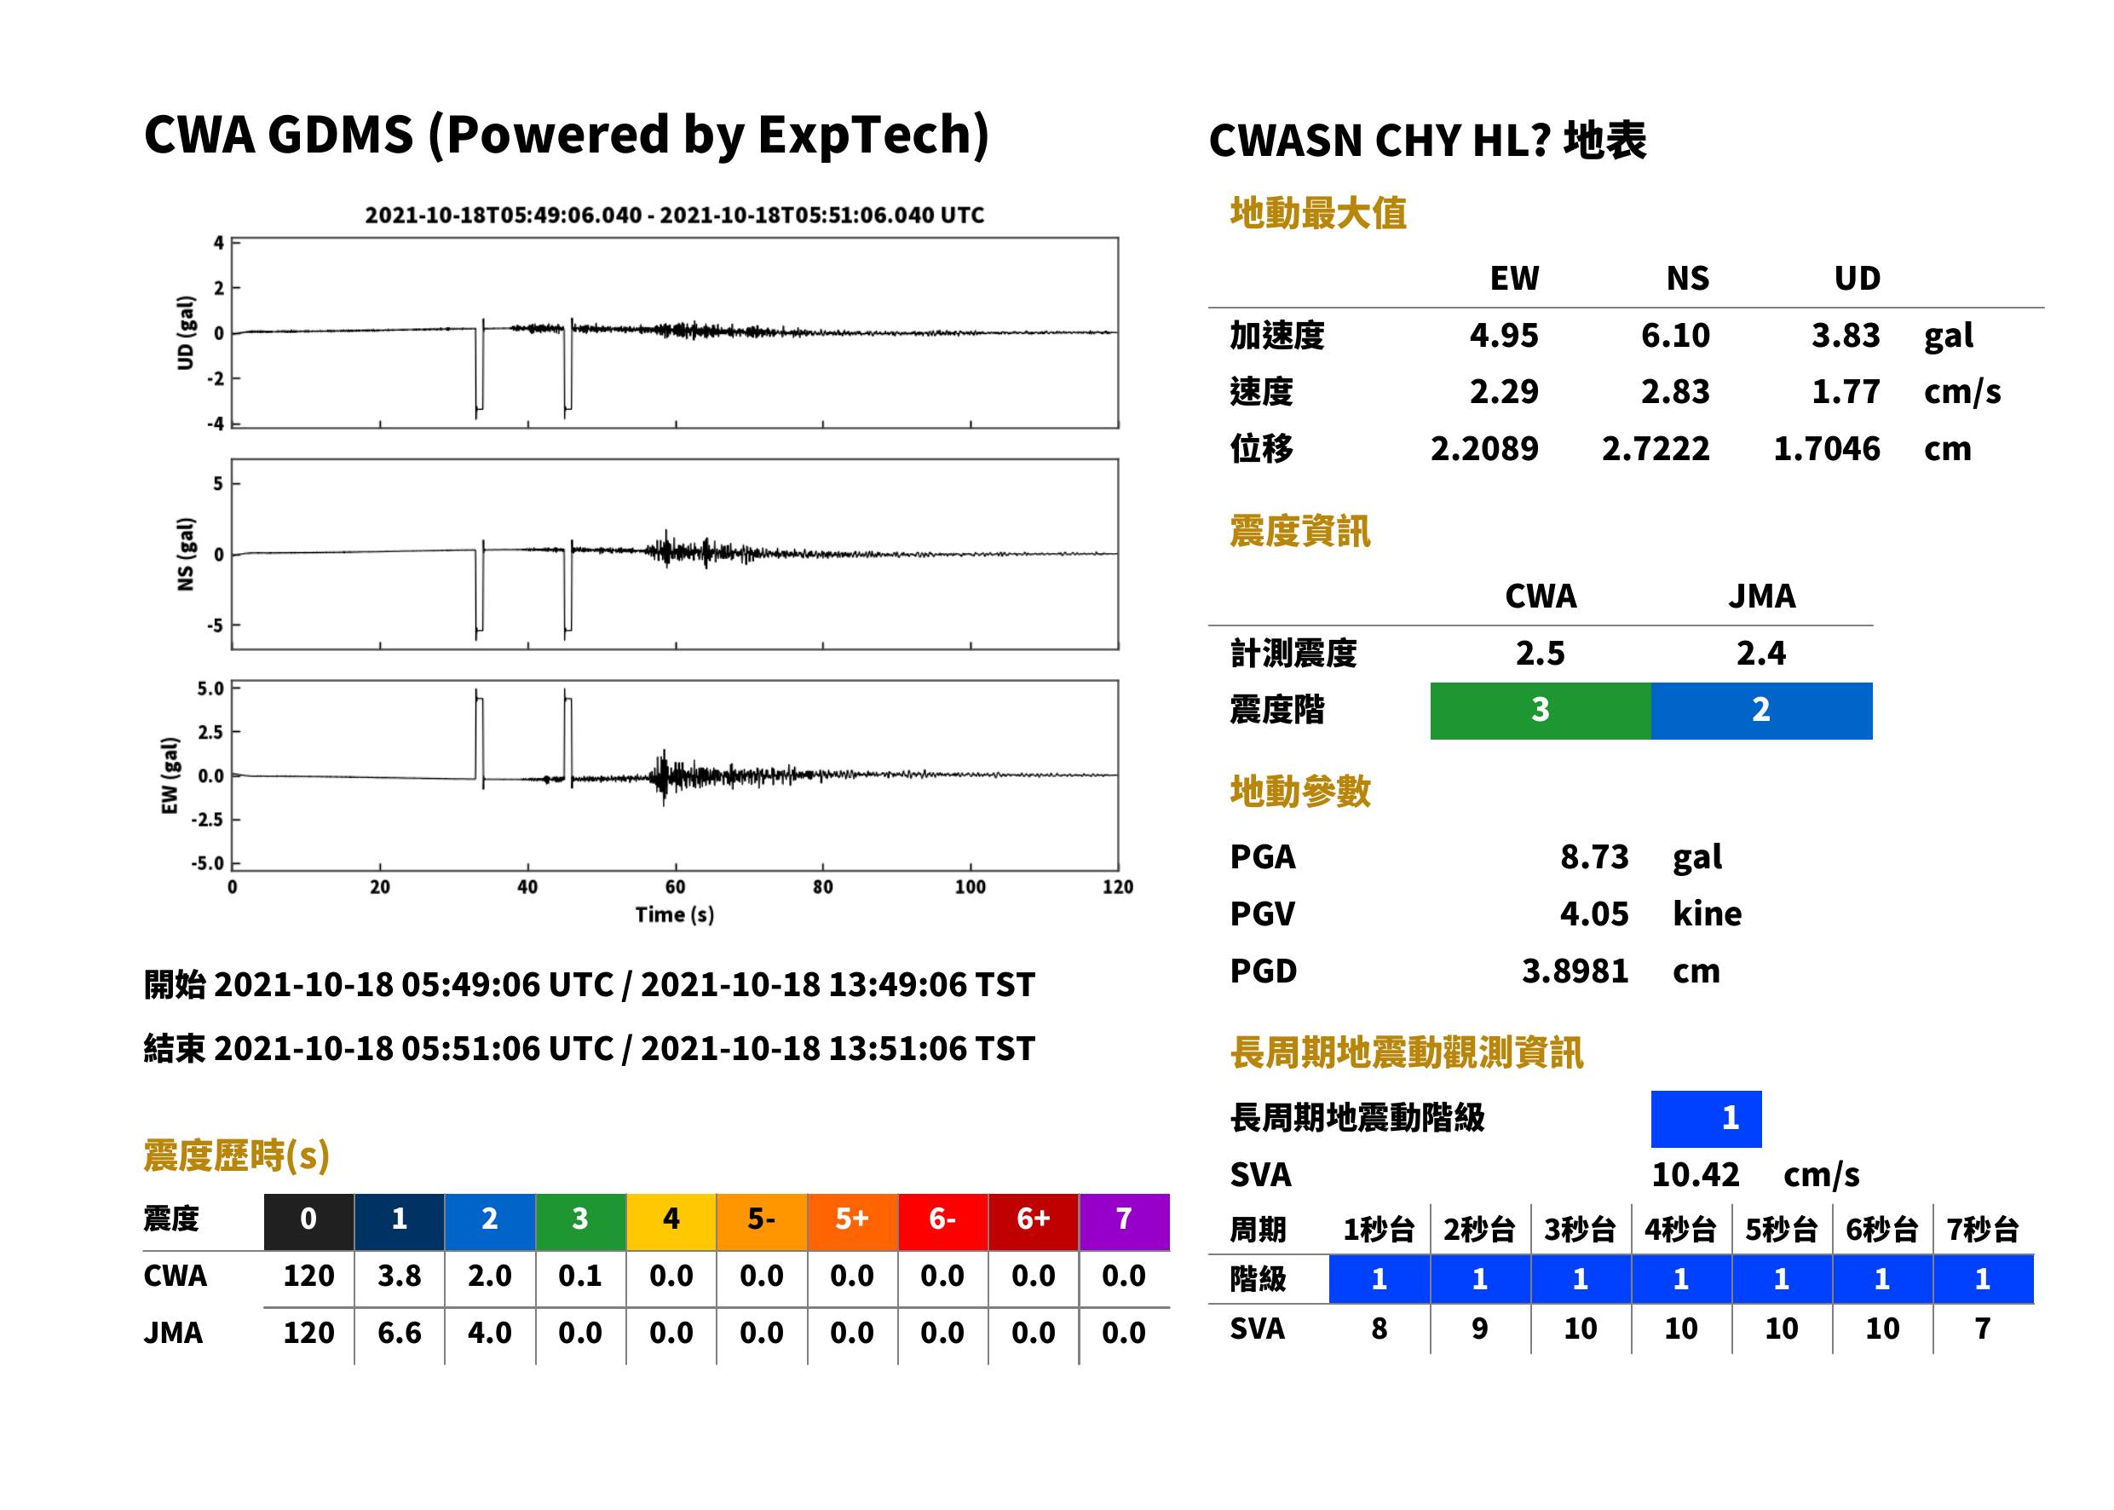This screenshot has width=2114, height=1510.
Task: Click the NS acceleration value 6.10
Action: click(1674, 336)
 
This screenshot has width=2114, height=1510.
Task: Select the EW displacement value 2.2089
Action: click(1483, 449)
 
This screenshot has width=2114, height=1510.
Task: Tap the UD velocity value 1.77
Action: click(1846, 392)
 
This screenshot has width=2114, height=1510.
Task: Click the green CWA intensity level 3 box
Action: click(1541, 711)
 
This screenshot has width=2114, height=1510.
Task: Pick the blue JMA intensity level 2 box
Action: click(1762, 711)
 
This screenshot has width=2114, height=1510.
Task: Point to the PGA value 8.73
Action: click(1594, 856)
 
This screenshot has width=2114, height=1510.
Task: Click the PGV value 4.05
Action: click(1594, 914)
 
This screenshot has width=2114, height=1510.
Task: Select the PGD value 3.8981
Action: click(1575, 971)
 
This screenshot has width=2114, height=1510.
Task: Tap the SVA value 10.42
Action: click(1695, 1175)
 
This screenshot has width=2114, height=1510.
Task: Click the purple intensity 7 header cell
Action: click(1124, 1221)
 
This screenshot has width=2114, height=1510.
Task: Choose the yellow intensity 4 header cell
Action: click(671, 1221)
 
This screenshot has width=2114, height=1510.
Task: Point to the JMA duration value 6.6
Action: click(400, 1334)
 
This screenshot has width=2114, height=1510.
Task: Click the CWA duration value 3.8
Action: click(400, 1277)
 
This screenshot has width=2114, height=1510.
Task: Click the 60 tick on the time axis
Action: click(675, 887)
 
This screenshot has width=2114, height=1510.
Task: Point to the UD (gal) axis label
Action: click(186, 333)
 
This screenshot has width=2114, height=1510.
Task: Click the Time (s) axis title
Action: click(675, 915)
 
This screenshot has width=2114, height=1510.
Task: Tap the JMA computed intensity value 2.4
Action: click(1762, 654)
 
